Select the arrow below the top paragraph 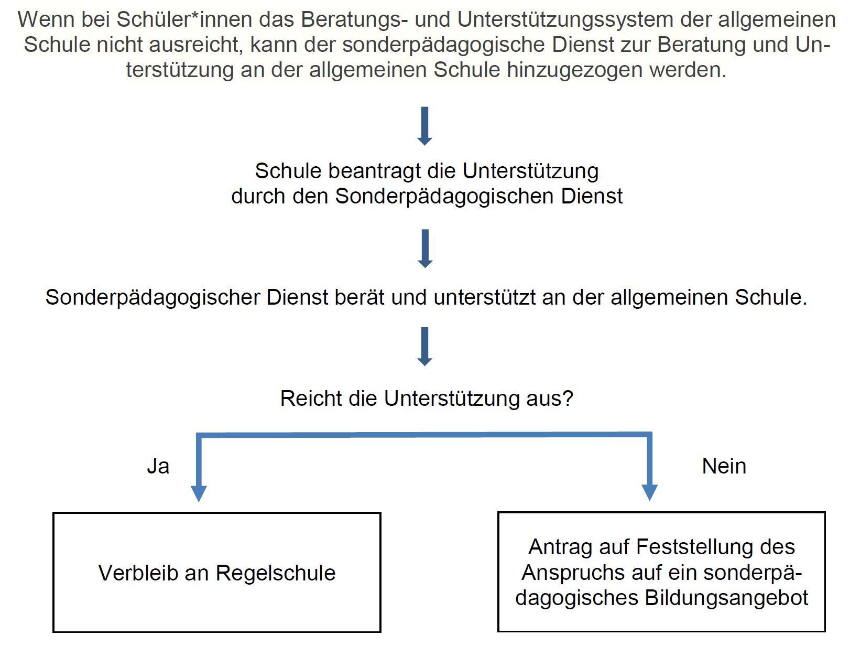[425, 126]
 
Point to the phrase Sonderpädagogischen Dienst [479, 196]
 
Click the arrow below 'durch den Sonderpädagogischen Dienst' [425, 249]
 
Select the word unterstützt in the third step [485, 297]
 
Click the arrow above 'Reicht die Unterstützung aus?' [425, 347]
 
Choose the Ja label [158, 466]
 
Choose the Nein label [724, 466]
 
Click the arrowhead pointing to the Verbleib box [199, 493]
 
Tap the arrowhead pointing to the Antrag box [650, 492]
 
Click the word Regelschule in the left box [276, 573]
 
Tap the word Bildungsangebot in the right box [726, 598]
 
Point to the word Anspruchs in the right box [572, 573]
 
